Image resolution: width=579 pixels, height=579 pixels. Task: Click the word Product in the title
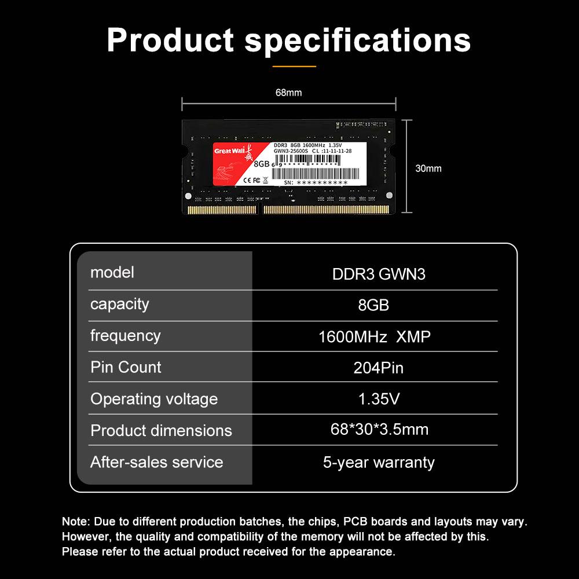(x=170, y=41)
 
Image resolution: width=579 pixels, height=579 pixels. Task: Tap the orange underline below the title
(x=294, y=67)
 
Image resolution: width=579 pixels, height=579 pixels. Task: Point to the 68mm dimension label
(x=288, y=93)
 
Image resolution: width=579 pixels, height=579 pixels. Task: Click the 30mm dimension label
(x=428, y=168)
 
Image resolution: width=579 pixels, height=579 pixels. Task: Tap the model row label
(x=112, y=272)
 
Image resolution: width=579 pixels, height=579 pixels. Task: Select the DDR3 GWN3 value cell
(x=379, y=274)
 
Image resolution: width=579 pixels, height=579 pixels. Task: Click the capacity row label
(x=119, y=304)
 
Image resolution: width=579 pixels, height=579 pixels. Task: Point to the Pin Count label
(x=126, y=367)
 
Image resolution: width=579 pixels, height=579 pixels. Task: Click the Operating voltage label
(x=154, y=399)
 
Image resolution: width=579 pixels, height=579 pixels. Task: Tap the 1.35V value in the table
(x=379, y=399)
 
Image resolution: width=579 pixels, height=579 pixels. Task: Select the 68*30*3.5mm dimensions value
(x=379, y=430)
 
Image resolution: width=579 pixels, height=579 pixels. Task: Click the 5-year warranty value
(x=379, y=462)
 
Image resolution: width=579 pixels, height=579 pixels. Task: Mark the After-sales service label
(x=156, y=462)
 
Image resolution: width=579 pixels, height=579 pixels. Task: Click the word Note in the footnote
(x=73, y=522)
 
